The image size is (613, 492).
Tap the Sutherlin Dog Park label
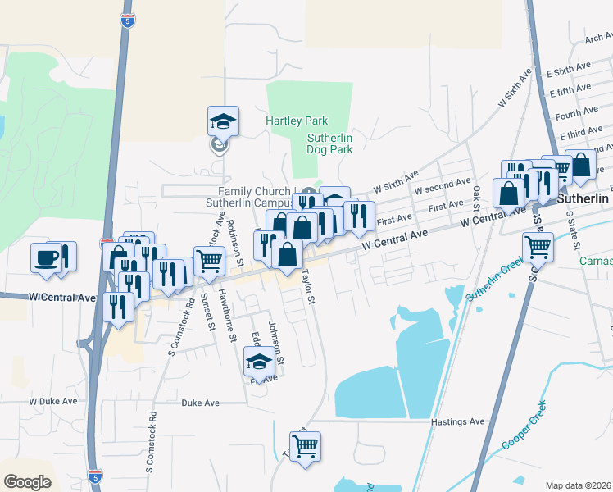pos(329,144)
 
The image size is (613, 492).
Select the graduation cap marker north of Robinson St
pos(223,122)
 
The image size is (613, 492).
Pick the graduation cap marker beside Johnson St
pos(259,362)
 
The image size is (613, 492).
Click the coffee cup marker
pos(46,257)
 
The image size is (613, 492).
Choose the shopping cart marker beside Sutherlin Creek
pos(538,246)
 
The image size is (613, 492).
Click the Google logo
pos(27,481)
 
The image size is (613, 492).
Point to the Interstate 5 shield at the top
pos(126,20)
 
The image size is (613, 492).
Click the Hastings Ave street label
pos(458,421)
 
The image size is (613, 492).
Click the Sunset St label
pos(211,315)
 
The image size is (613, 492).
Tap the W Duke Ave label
pos(52,402)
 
